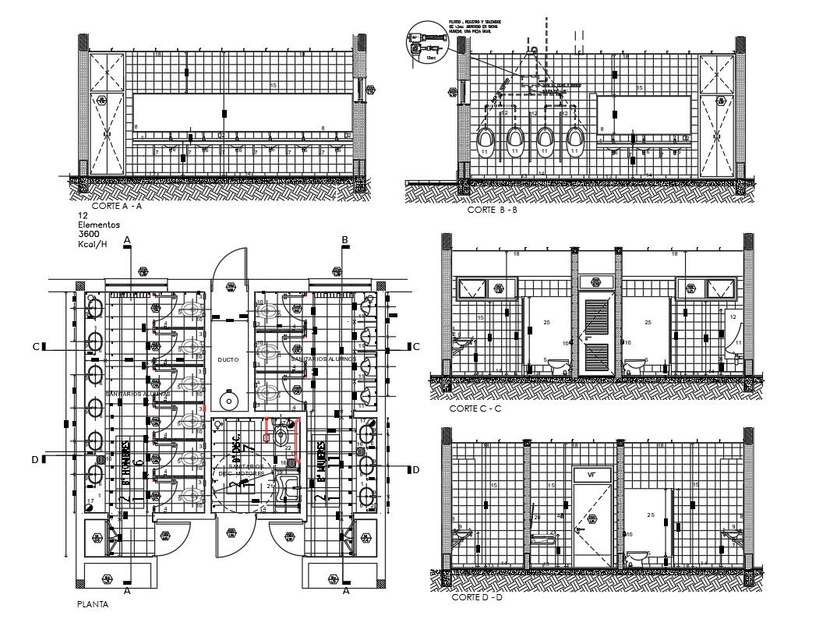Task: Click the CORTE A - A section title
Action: pos(116,207)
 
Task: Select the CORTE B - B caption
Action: pos(492,210)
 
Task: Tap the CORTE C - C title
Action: pos(475,409)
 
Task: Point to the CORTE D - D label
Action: pos(477,597)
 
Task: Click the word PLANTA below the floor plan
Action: pos(92,603)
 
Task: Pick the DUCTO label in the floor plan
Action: pos(228,359)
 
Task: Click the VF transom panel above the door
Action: pos(592,473)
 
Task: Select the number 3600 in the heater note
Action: pos(88,234)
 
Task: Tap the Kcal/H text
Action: pos(92,244)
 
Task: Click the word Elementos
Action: pos(98,225)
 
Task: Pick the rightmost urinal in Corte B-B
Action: pos(575,143)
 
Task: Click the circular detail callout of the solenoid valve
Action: pos(423,41)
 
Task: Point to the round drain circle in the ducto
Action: pos(228,401)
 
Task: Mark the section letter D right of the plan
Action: pos(415,469)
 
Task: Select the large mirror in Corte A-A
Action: pos(242,111)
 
